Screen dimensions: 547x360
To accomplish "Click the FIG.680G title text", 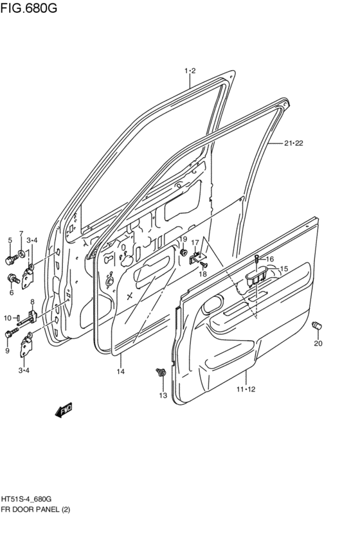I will point(28,8).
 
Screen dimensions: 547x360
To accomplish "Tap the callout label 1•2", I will point(190,71).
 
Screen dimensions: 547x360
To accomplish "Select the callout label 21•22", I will point(293,144).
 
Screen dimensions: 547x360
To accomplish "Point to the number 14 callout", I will point(120,372).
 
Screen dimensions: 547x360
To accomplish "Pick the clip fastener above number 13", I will point(161,372).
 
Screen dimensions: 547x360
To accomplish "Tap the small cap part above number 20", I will point(316,326).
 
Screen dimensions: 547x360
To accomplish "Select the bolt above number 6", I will point(12,278).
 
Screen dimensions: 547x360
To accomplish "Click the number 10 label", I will point(8,318).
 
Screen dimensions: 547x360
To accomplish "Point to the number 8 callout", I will point(32,301).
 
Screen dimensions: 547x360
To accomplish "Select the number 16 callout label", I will point(269,259).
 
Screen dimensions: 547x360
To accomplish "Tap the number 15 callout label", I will point(283,269).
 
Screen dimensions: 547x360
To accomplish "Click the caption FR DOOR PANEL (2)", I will point(35,510).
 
